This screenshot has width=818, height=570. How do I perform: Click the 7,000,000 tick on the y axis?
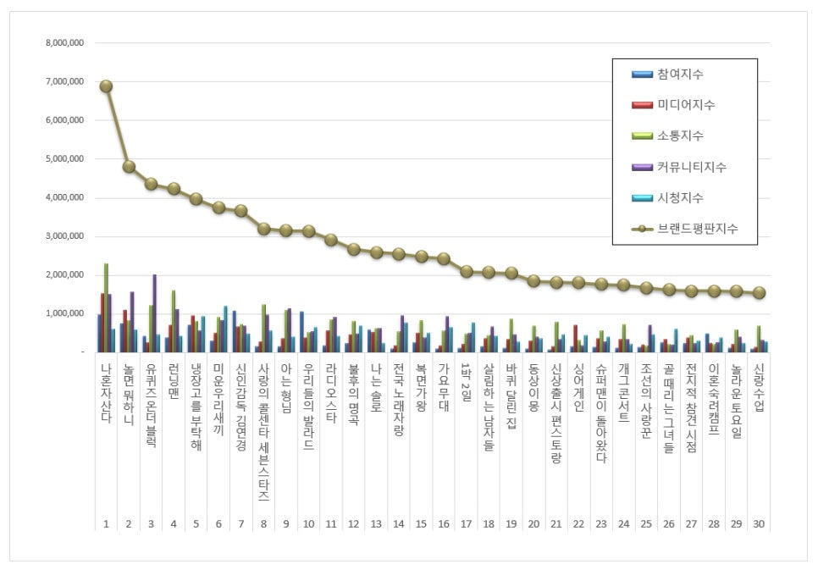point(65,81)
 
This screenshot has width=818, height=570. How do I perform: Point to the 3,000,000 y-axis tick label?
point(65,236)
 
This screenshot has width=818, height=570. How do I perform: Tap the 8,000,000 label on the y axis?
point(65,42)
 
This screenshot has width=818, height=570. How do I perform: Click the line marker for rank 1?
point(106,86)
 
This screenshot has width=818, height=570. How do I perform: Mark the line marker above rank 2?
point(129,167)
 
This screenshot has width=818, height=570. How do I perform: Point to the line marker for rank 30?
point(759,293)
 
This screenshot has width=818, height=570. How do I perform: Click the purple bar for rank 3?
point(154,313)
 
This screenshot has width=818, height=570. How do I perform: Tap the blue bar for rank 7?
point(234,331)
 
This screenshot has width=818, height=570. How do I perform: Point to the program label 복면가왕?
point(419,385)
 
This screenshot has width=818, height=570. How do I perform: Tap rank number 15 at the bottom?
point(419,524)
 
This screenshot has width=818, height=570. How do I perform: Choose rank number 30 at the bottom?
point(759,524)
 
